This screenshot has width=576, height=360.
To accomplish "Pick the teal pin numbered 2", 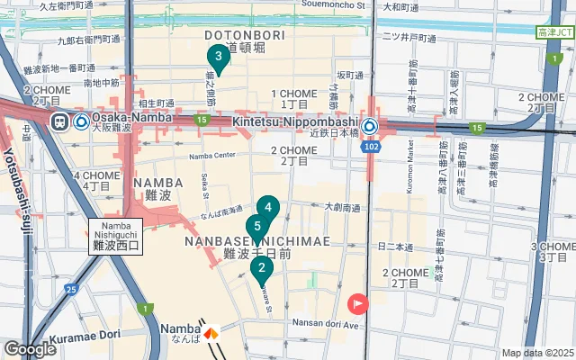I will (x=261, y=267).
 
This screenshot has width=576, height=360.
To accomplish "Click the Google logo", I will (x=30, y=348).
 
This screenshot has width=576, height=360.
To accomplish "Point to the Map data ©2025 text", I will (x=536, y=353).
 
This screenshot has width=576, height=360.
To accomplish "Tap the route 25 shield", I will (x=69, y=289).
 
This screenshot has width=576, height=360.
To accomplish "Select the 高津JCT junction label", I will (x=554, y=32).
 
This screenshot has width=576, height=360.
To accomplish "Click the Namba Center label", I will (x=211, y=155).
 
